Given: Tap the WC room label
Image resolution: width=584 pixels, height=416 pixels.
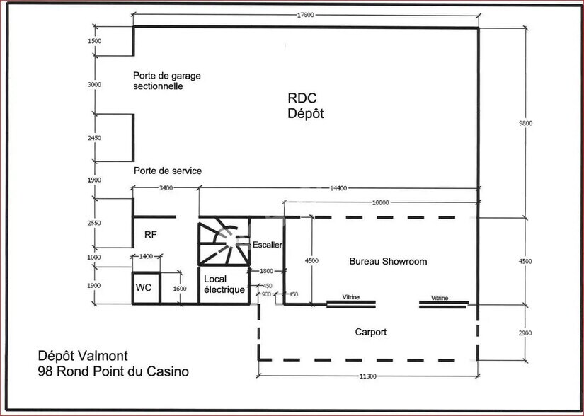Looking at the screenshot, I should [x=144, y=288].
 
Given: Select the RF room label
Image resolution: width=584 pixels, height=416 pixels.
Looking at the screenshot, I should [x=150, y=235].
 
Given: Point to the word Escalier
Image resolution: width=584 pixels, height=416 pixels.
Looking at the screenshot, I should [x=268, y=245].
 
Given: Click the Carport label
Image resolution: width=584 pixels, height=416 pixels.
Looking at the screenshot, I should [x=370, y=332].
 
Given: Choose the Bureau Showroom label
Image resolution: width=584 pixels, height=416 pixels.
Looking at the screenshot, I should [x=389, y=261].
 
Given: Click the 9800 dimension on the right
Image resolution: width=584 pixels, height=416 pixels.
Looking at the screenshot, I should [x=525, y=123].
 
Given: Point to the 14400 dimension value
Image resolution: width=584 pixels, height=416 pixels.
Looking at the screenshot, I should [x=338, y=188].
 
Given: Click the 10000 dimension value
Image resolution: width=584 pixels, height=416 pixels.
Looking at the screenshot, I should [x=380, y=202].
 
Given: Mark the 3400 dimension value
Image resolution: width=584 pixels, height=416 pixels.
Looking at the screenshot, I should [x=166, y=188].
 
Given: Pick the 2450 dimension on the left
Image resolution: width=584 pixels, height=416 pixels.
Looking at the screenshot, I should [x=95, y=138].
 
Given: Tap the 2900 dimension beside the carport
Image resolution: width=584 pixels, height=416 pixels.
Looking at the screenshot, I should [x=525, y=333].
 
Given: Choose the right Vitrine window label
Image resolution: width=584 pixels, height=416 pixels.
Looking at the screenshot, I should [x=440, y=298].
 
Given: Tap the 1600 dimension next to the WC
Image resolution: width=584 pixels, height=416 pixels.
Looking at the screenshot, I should [x=180, y=289].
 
